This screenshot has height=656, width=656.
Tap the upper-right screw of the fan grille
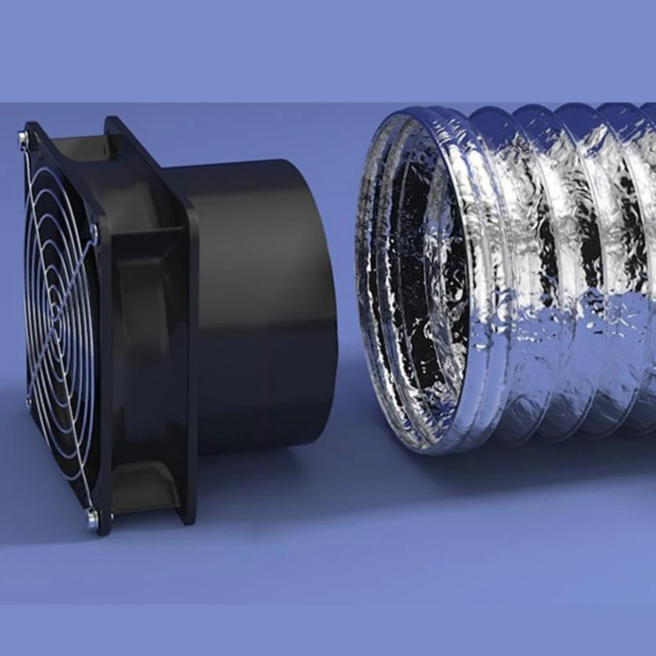(x=96, y=233)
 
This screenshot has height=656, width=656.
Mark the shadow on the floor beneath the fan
(x=246, y=492)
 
